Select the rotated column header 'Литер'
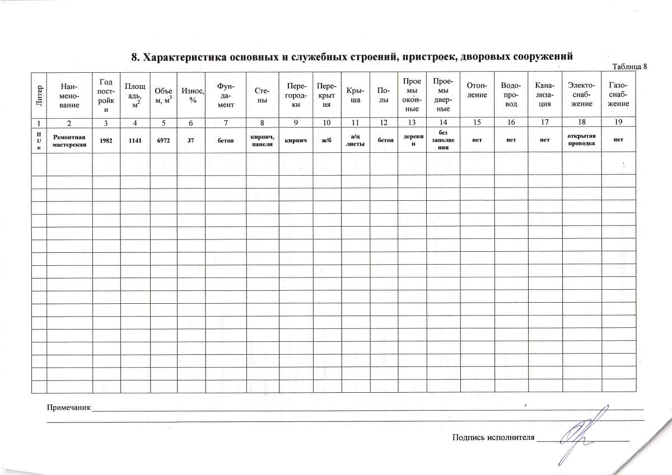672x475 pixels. click(x=39, y=96)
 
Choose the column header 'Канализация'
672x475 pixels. click(x=544, y=95)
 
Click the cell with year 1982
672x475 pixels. click(x=105, y=140)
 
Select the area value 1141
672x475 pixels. click(x=135, y=140)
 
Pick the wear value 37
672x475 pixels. click(x=191, y=140)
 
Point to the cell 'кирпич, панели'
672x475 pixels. click(x=262, y=140)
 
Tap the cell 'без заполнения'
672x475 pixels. click(x=442, y=140)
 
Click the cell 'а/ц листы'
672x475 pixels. click(x=355, y=140)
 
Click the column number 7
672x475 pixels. click(x=225, y=122)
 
